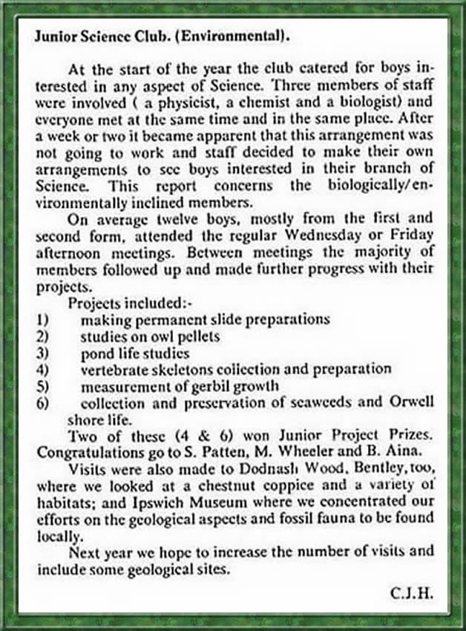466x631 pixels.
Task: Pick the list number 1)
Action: click(x=42, y=319)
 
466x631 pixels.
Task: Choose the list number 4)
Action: click(x=42, y=369)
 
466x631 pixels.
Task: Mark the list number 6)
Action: click(x=42, y=403)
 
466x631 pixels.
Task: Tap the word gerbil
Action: click(x=215, y=385)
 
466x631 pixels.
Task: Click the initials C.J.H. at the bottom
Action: click(x=411, y=594)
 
